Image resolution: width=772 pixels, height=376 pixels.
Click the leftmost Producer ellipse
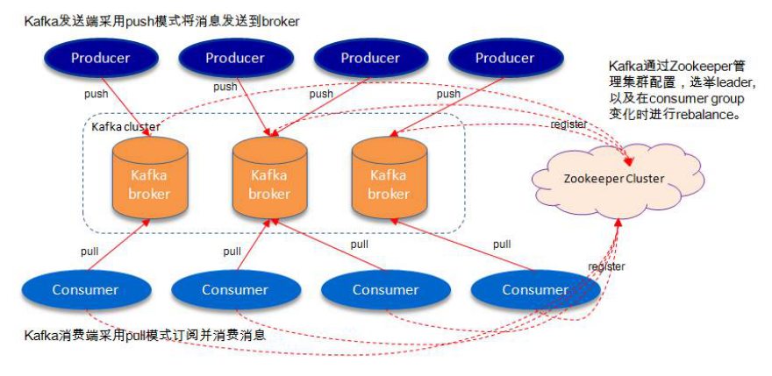(x=100, y=59)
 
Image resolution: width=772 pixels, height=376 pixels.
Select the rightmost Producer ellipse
(x=504, y=59)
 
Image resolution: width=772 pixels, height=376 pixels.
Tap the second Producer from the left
(x=234, y=59)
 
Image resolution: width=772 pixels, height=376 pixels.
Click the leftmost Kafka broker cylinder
(x=149, y=182)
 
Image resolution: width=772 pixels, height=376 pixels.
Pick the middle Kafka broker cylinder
(x=268, y=182)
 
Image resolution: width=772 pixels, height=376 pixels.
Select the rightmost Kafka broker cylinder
(x=389, y=182)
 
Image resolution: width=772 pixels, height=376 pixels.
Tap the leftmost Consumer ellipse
(x=84, y=289)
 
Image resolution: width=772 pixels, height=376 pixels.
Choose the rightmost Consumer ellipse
(x=534, y=289)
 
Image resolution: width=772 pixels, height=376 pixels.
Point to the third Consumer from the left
(x=385, y=289)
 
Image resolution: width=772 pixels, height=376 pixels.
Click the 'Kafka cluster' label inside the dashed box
(x=125, y=127)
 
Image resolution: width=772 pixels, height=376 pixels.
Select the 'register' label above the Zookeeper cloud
(x=568, y=124)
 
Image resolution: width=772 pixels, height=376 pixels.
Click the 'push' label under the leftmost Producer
(x=96, y=94)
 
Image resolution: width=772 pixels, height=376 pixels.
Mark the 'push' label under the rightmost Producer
(x=448, y=94)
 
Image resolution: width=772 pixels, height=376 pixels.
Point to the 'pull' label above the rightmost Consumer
(x=501, y=245)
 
